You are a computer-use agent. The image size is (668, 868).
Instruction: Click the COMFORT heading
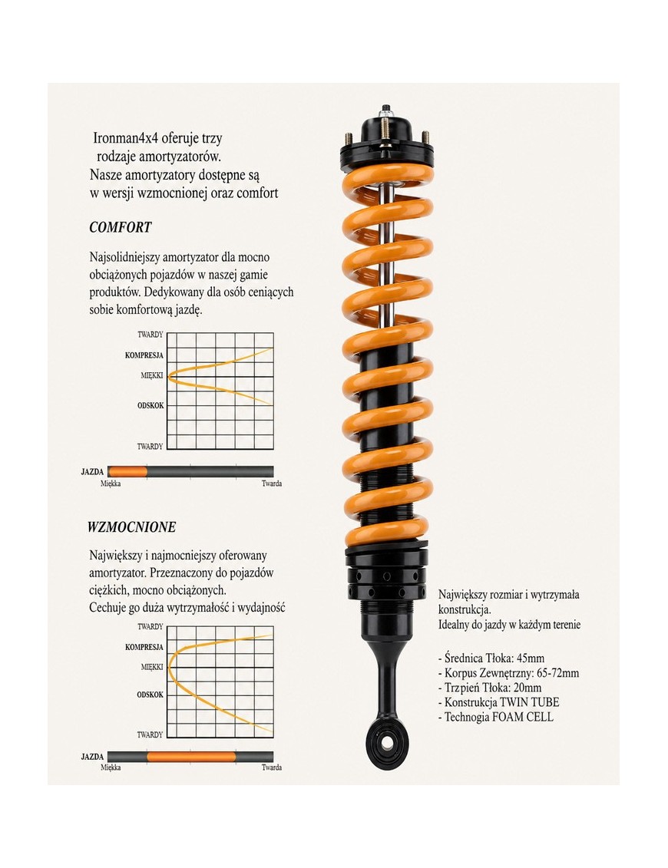point(121,227)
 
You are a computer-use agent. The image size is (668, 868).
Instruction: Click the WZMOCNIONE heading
point(132,527)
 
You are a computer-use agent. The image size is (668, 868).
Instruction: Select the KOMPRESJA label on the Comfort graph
point(144,355)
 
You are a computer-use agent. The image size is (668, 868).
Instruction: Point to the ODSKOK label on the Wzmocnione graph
point(150,695)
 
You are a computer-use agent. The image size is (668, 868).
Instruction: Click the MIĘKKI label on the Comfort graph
point(152,375)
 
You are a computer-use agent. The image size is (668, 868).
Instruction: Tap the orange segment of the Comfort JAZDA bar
point(127,472)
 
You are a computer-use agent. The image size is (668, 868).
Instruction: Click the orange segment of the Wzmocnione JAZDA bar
point(191,756)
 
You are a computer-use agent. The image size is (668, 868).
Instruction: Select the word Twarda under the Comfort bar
point(271,484)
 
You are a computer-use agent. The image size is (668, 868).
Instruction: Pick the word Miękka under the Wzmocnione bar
point(111,767)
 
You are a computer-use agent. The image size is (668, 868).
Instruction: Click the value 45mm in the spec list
point(530,658)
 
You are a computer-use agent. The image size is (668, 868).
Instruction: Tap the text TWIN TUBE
point(530,702)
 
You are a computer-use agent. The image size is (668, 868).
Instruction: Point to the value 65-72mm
point(557,673)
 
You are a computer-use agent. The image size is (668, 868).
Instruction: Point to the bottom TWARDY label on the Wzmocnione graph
point(150,735)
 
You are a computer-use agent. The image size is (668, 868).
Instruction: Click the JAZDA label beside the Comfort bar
point(92,472)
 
